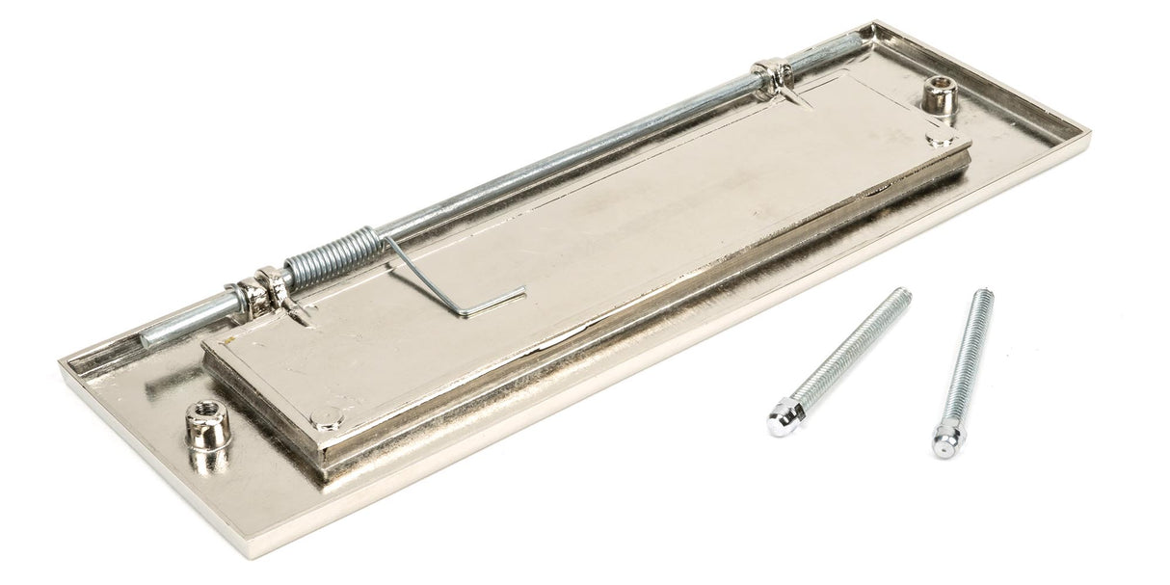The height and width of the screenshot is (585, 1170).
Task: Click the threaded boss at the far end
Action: pyautogui.click(x=939, y=96)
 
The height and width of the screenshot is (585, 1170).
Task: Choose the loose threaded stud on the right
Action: pyautogui.click(x=964, y=370)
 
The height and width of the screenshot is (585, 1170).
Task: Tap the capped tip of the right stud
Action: pyautogui.click(x=945, y=443)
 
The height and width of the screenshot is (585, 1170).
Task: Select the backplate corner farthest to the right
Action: pyautogui.click(x=1086, y=134)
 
